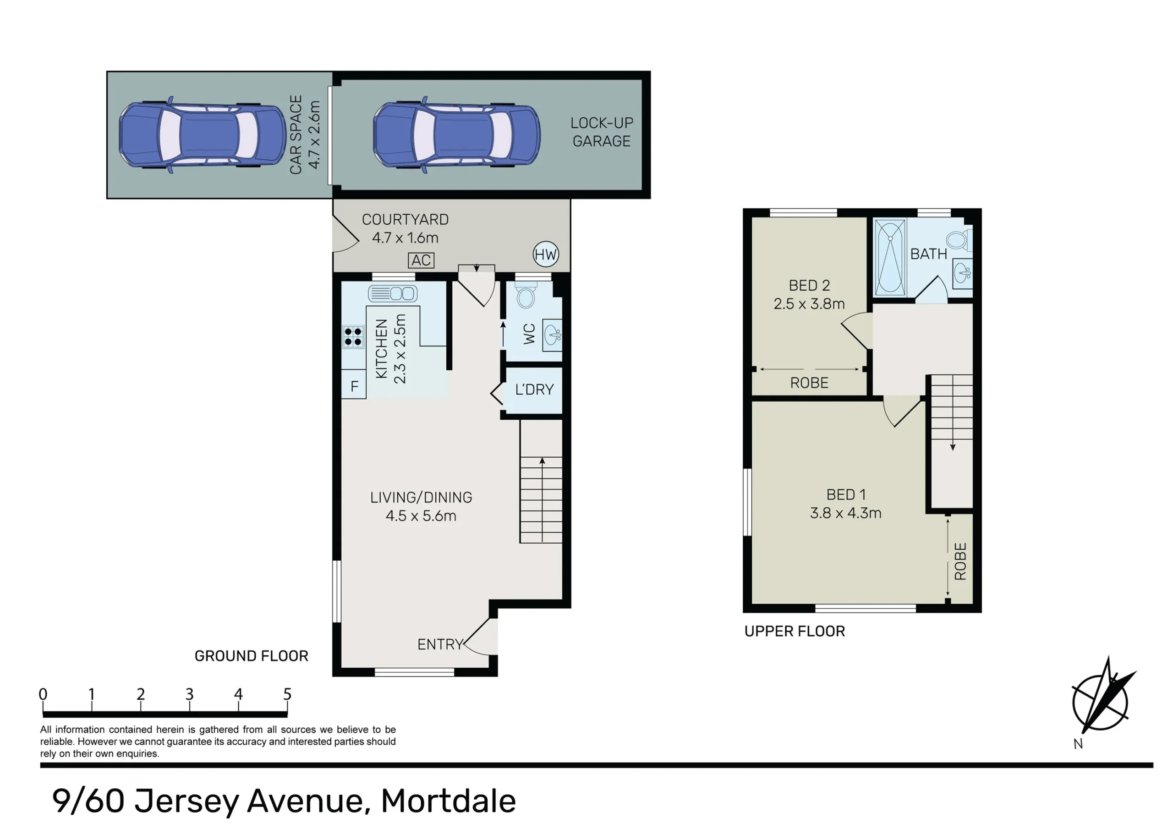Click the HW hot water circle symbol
546,254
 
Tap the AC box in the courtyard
421,260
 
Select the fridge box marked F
354,386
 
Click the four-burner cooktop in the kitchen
353,336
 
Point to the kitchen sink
393,293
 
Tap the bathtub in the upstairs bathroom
890,257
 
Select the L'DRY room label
534,390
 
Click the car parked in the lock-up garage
457,134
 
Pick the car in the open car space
203,134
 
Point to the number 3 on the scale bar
190,694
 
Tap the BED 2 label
809,285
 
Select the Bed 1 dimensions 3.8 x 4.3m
845,513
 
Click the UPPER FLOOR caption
795,632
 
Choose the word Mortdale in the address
449,801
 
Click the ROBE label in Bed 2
809,383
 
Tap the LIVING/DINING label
421,497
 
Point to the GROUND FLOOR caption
252,656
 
